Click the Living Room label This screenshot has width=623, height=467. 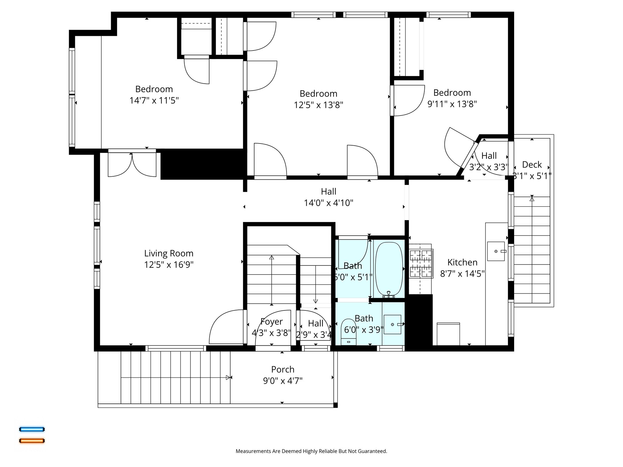tap(169, 253)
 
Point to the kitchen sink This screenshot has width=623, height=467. tap(496, 251)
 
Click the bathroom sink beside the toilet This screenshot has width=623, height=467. tap(392, 324)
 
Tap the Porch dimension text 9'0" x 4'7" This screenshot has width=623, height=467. tap(283, 381)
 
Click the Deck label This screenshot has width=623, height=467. tap(532, 164)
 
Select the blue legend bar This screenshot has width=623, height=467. tap(32, 429)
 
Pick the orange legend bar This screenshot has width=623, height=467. tap(32, 441)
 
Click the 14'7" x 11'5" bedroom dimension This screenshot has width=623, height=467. tap(154, 100)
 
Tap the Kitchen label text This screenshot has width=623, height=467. tap(462, 262)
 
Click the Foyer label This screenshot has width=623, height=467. tap(271, 321)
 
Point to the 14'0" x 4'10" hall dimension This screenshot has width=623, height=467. tap(329, 203)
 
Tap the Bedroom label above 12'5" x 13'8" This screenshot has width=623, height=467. tap(318, 93)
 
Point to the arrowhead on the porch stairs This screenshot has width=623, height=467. tap(228, 377)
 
